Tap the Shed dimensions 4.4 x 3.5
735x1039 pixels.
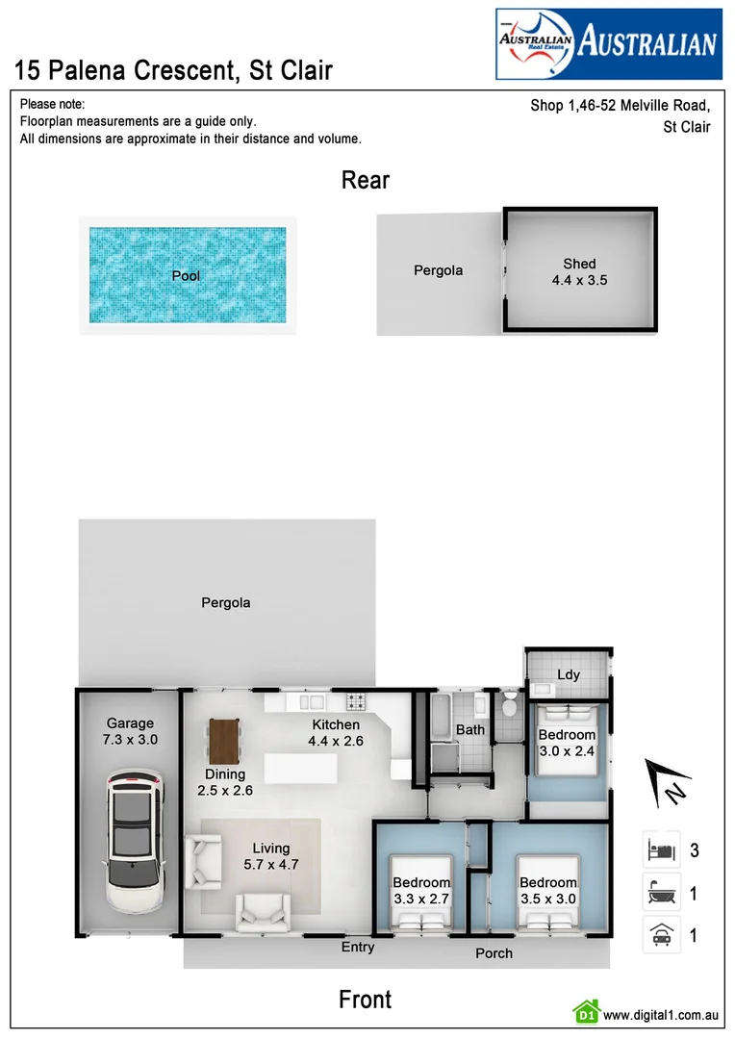(x=579, y=281)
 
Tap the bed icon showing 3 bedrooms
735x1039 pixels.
(x=661, y=850)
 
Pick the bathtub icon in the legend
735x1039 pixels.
(x=661, y=893)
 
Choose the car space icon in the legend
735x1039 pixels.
(x=661, y=934)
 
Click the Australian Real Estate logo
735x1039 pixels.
(x=608, y=43)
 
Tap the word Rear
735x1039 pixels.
(x=366, y=180)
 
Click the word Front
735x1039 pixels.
(x=366, y=1000)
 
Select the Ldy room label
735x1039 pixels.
(x=569, y=674)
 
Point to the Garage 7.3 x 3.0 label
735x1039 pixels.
(x=130, y=731)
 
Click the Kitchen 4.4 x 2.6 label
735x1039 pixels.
(x=336, y=733)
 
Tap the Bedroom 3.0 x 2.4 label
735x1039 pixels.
(x=567, y=744)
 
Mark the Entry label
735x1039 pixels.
(x=358, y=948)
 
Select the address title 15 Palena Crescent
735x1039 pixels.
(x=173, y=69)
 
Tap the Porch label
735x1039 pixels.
(x=494, y=953)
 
